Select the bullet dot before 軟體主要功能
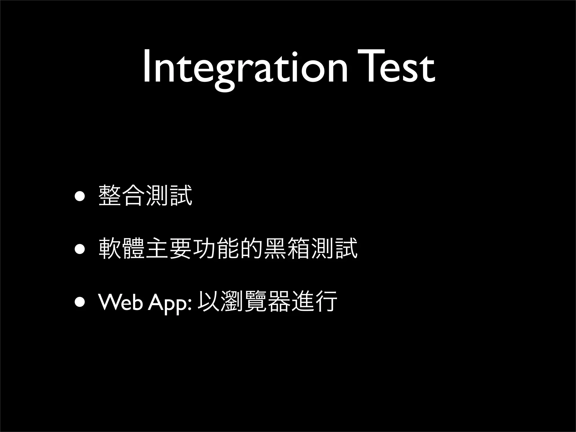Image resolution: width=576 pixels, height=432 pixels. point(80,249)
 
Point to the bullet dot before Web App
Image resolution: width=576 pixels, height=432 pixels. point(80,302)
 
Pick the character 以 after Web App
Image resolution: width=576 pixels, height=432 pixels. point(209,301)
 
